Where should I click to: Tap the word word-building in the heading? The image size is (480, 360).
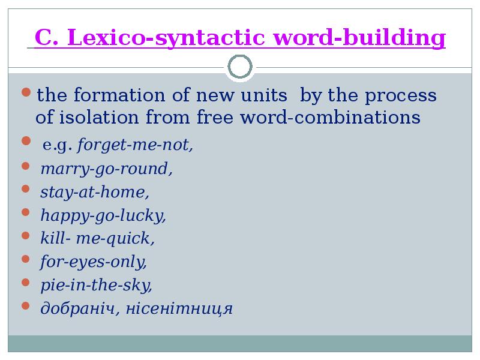point(359,38)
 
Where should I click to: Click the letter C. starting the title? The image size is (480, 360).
point(47,37)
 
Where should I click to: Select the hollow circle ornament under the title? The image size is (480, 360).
point(240,67)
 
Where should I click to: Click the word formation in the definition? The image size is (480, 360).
point(119,95)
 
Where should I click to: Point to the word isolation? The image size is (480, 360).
point(99,117)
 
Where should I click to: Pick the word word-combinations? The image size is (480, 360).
point(331,117)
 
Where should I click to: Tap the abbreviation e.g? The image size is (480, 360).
point(58,145)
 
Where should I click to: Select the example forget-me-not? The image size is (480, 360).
point(135,145)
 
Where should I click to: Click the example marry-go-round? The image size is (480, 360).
point(107,169)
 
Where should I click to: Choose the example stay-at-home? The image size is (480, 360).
point(95,192)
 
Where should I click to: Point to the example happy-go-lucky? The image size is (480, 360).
point(103,216)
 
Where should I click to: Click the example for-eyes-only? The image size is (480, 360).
point(94,262)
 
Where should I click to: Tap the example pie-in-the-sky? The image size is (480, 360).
point(97,286)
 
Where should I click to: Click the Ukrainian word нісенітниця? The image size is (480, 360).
point(179,308)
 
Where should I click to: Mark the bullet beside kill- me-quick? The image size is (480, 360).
point(26,236)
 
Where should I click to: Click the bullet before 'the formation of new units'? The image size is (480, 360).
point(26,92)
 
